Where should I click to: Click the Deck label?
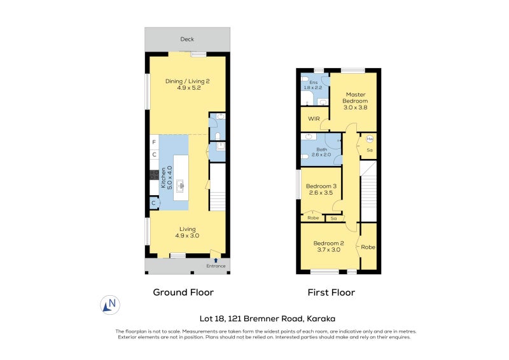click(187, 39)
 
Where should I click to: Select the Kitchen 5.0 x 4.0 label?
click(166, 177)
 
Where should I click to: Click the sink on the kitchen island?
click(181, 186)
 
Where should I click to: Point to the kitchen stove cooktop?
click(154, 175)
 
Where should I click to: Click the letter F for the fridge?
click(154, 142)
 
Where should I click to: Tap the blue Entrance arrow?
click(216, 260)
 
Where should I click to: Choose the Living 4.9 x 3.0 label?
click(187, 232)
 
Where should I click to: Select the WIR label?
click(314, 119)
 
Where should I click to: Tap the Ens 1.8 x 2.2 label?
click(313, 85)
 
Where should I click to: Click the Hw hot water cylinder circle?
click(370, 139)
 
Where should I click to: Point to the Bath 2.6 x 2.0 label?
click(321, 152)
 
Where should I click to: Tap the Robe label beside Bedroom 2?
click(368, 247)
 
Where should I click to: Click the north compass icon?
click(110, 305)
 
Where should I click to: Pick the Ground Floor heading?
click(183, 293)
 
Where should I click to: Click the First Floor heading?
click(331, 293)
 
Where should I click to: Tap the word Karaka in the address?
click(321, 319)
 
